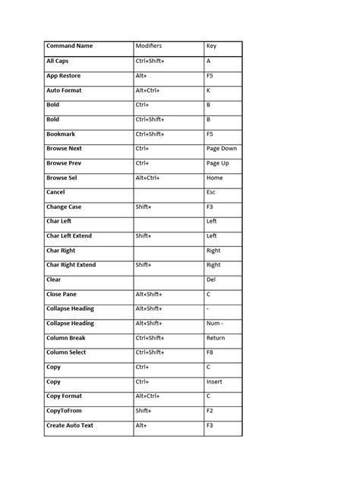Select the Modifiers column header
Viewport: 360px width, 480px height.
point(149,46)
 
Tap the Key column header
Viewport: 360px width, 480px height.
point(211,46)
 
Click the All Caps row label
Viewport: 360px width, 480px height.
point(57,61)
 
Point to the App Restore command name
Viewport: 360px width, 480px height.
point(63,76)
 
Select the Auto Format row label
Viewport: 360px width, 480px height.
point(64,90)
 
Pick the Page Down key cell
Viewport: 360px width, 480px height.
point(222,149)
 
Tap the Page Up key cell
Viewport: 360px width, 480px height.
point(217,163)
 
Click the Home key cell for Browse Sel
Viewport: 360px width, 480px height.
point(215,178)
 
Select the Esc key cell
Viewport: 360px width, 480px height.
point(211,192)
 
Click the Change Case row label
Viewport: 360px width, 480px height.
point(64,207)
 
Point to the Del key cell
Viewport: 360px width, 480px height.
point(211,279)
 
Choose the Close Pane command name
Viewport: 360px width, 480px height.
point(62,294)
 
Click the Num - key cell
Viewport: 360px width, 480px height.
point(215,323)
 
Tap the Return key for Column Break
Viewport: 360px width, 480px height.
point(216,338)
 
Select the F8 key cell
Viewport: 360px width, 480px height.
point(210,352)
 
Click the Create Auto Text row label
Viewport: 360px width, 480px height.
point(69,425)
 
